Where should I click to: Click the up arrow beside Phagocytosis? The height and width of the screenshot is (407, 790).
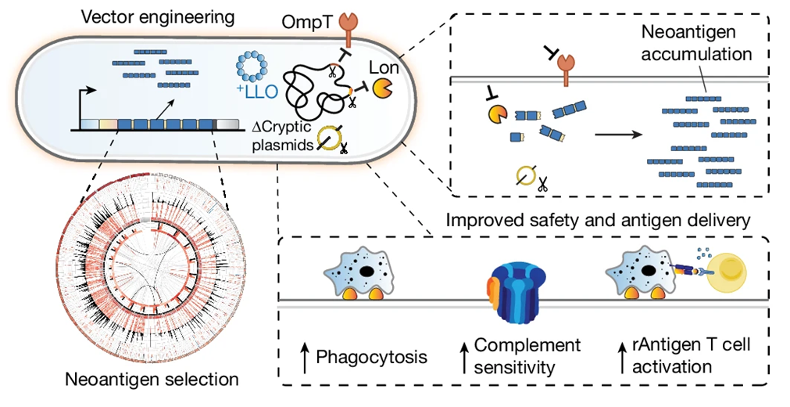point(304,356)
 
